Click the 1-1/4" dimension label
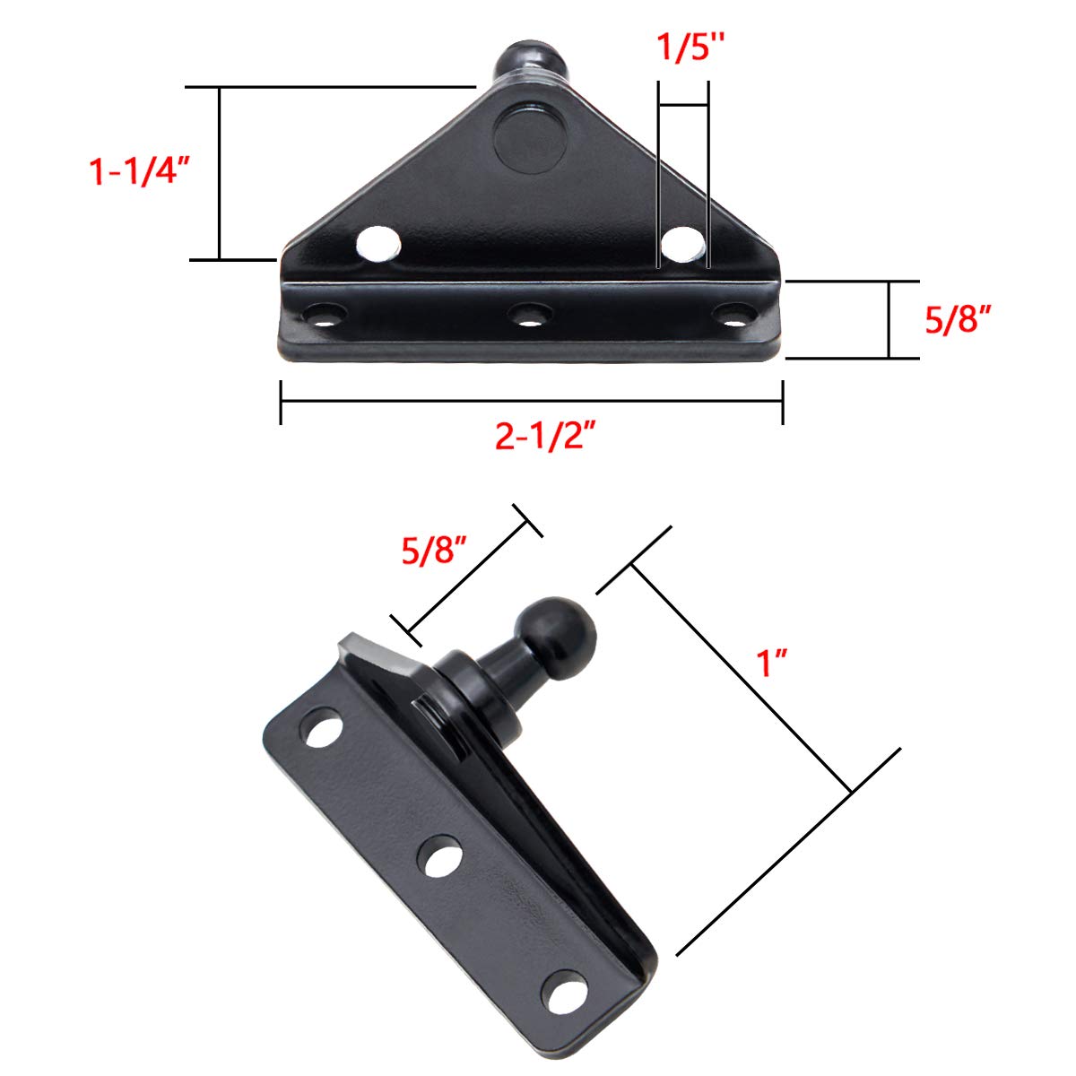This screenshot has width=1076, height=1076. [141, 169]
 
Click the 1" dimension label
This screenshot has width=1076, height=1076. [771, 665]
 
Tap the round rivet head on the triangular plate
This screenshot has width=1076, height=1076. [531, 138]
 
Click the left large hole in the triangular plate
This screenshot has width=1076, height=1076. [378, 243]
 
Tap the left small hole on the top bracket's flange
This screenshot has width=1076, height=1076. [326, 316]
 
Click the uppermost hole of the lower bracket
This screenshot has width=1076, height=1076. [324, 728]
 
